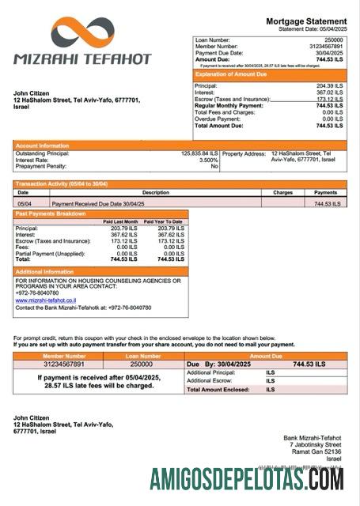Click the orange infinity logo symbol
pos(81,34)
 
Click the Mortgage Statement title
pos(305,21)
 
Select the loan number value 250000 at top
pos(333,39)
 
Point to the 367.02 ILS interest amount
pos(328,92)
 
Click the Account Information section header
pos(42,145)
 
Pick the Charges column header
pos(282,192)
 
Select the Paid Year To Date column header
pos(165,221)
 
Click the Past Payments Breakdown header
pos(48,214)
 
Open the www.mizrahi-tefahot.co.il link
pos(44,300)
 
